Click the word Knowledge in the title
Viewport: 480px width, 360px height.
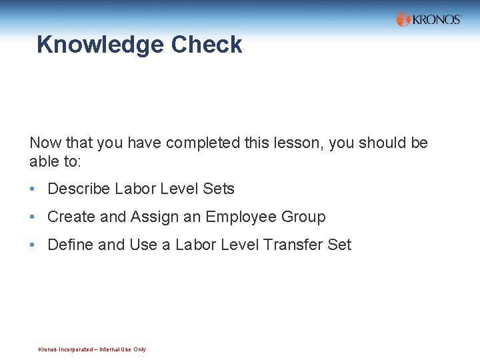pyautogui.click(x=100, y=45)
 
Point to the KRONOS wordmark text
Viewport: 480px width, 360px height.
pyautogui.click(x=437, y=19)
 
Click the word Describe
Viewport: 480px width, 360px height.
pyautogui.click(x=79, y=189)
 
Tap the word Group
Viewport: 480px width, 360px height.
pyautogui.click(x=304, y=217)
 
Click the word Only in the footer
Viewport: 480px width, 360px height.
pyautogui.click(x=140, y=349)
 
